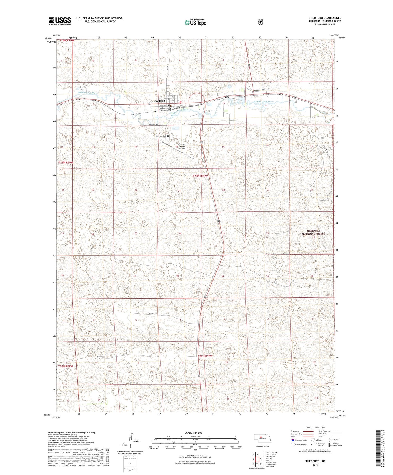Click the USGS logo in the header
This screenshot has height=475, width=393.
(60, 21)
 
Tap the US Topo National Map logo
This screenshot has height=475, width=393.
(195, 22)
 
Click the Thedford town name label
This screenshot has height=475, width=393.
(159, 101)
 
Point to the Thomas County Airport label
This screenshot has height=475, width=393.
(182, 146)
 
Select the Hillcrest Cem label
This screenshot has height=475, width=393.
(161, 136)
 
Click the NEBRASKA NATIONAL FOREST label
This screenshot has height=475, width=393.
(313, 232)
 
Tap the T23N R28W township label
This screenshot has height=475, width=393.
(200, 176)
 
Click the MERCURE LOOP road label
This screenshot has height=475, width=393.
(260, 90)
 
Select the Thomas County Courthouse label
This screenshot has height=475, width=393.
(165, 109)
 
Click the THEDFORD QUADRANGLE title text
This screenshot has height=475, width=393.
(325, 18)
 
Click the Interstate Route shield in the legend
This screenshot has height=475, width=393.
(293, 440)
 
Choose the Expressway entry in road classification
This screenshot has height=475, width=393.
(295, 431)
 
